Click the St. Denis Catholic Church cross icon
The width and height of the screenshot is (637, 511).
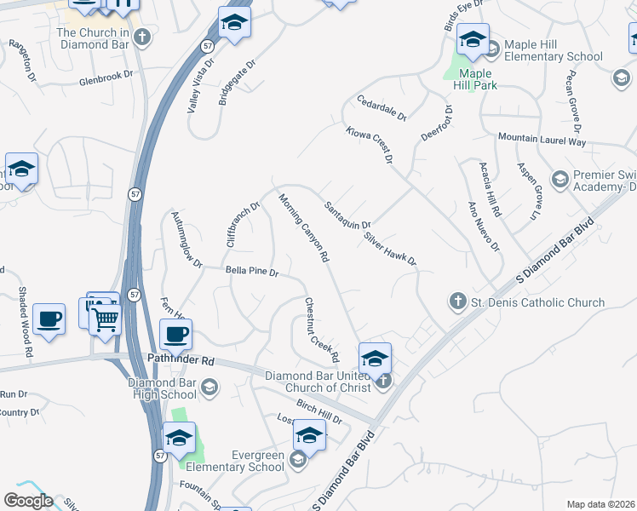(x=457, y=301)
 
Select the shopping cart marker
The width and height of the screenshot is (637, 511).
(x=106, y=320)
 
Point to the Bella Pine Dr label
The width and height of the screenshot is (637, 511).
(x=252, y=272)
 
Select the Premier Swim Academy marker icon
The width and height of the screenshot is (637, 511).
(x=560, y=179)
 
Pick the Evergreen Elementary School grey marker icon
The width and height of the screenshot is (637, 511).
(x=297, y=460)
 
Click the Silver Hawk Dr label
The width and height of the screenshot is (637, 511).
(x=389, y=248)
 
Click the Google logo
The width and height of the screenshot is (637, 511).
(x=28, y=501)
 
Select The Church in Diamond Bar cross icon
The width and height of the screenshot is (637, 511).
(x=142, y=37)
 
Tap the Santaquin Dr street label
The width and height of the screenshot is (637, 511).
(x=347, y=215)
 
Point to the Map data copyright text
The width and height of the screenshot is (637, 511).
(x=600, y=503)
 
